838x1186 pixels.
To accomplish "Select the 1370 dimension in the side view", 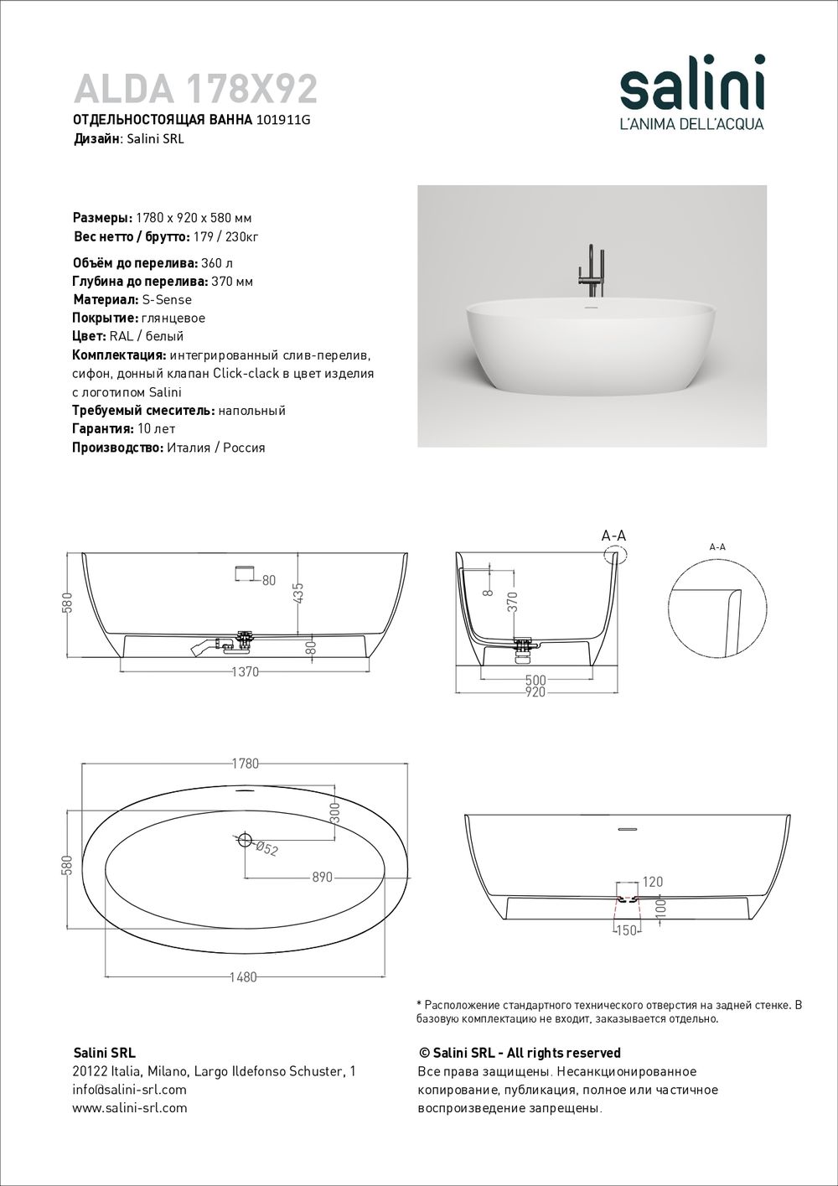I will tap(245, 671).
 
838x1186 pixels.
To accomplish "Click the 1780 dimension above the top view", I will tap(245, 764).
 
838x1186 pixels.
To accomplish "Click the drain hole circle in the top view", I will tap(245, 839).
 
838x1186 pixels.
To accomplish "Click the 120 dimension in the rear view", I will tap(652, 882).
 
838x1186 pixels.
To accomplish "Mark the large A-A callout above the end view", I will tap(613, 536).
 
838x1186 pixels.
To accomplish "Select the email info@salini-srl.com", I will tap(130, 1090).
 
